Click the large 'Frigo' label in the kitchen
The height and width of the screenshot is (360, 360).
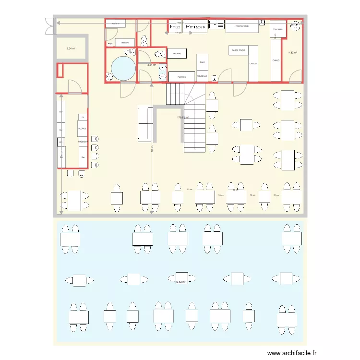click(x=195, y=27)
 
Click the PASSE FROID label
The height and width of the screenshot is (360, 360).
click(x=239, y=50)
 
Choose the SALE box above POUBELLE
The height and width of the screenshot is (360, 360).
click(x=202, y=62)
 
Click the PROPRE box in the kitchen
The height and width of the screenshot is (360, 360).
click(x=176, y=53)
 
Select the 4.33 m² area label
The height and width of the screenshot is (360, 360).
click(x=292, y=52)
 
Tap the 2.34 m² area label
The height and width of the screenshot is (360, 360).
click(x=71, y=48)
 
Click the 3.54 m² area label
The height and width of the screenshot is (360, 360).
click(x=152, y=65)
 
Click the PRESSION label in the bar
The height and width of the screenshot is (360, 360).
click(x=83, y=142)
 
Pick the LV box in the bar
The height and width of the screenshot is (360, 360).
click(x=83, y=117)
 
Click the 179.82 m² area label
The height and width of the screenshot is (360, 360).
click(x=183, y=117)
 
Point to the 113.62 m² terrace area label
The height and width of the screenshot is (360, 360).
click(x=180, y=282)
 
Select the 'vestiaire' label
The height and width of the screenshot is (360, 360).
click(x=125, y=42)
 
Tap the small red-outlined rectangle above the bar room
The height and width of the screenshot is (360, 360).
click(x=60, y=71)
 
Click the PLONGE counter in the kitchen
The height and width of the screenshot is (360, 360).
click(x=182, y=76)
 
